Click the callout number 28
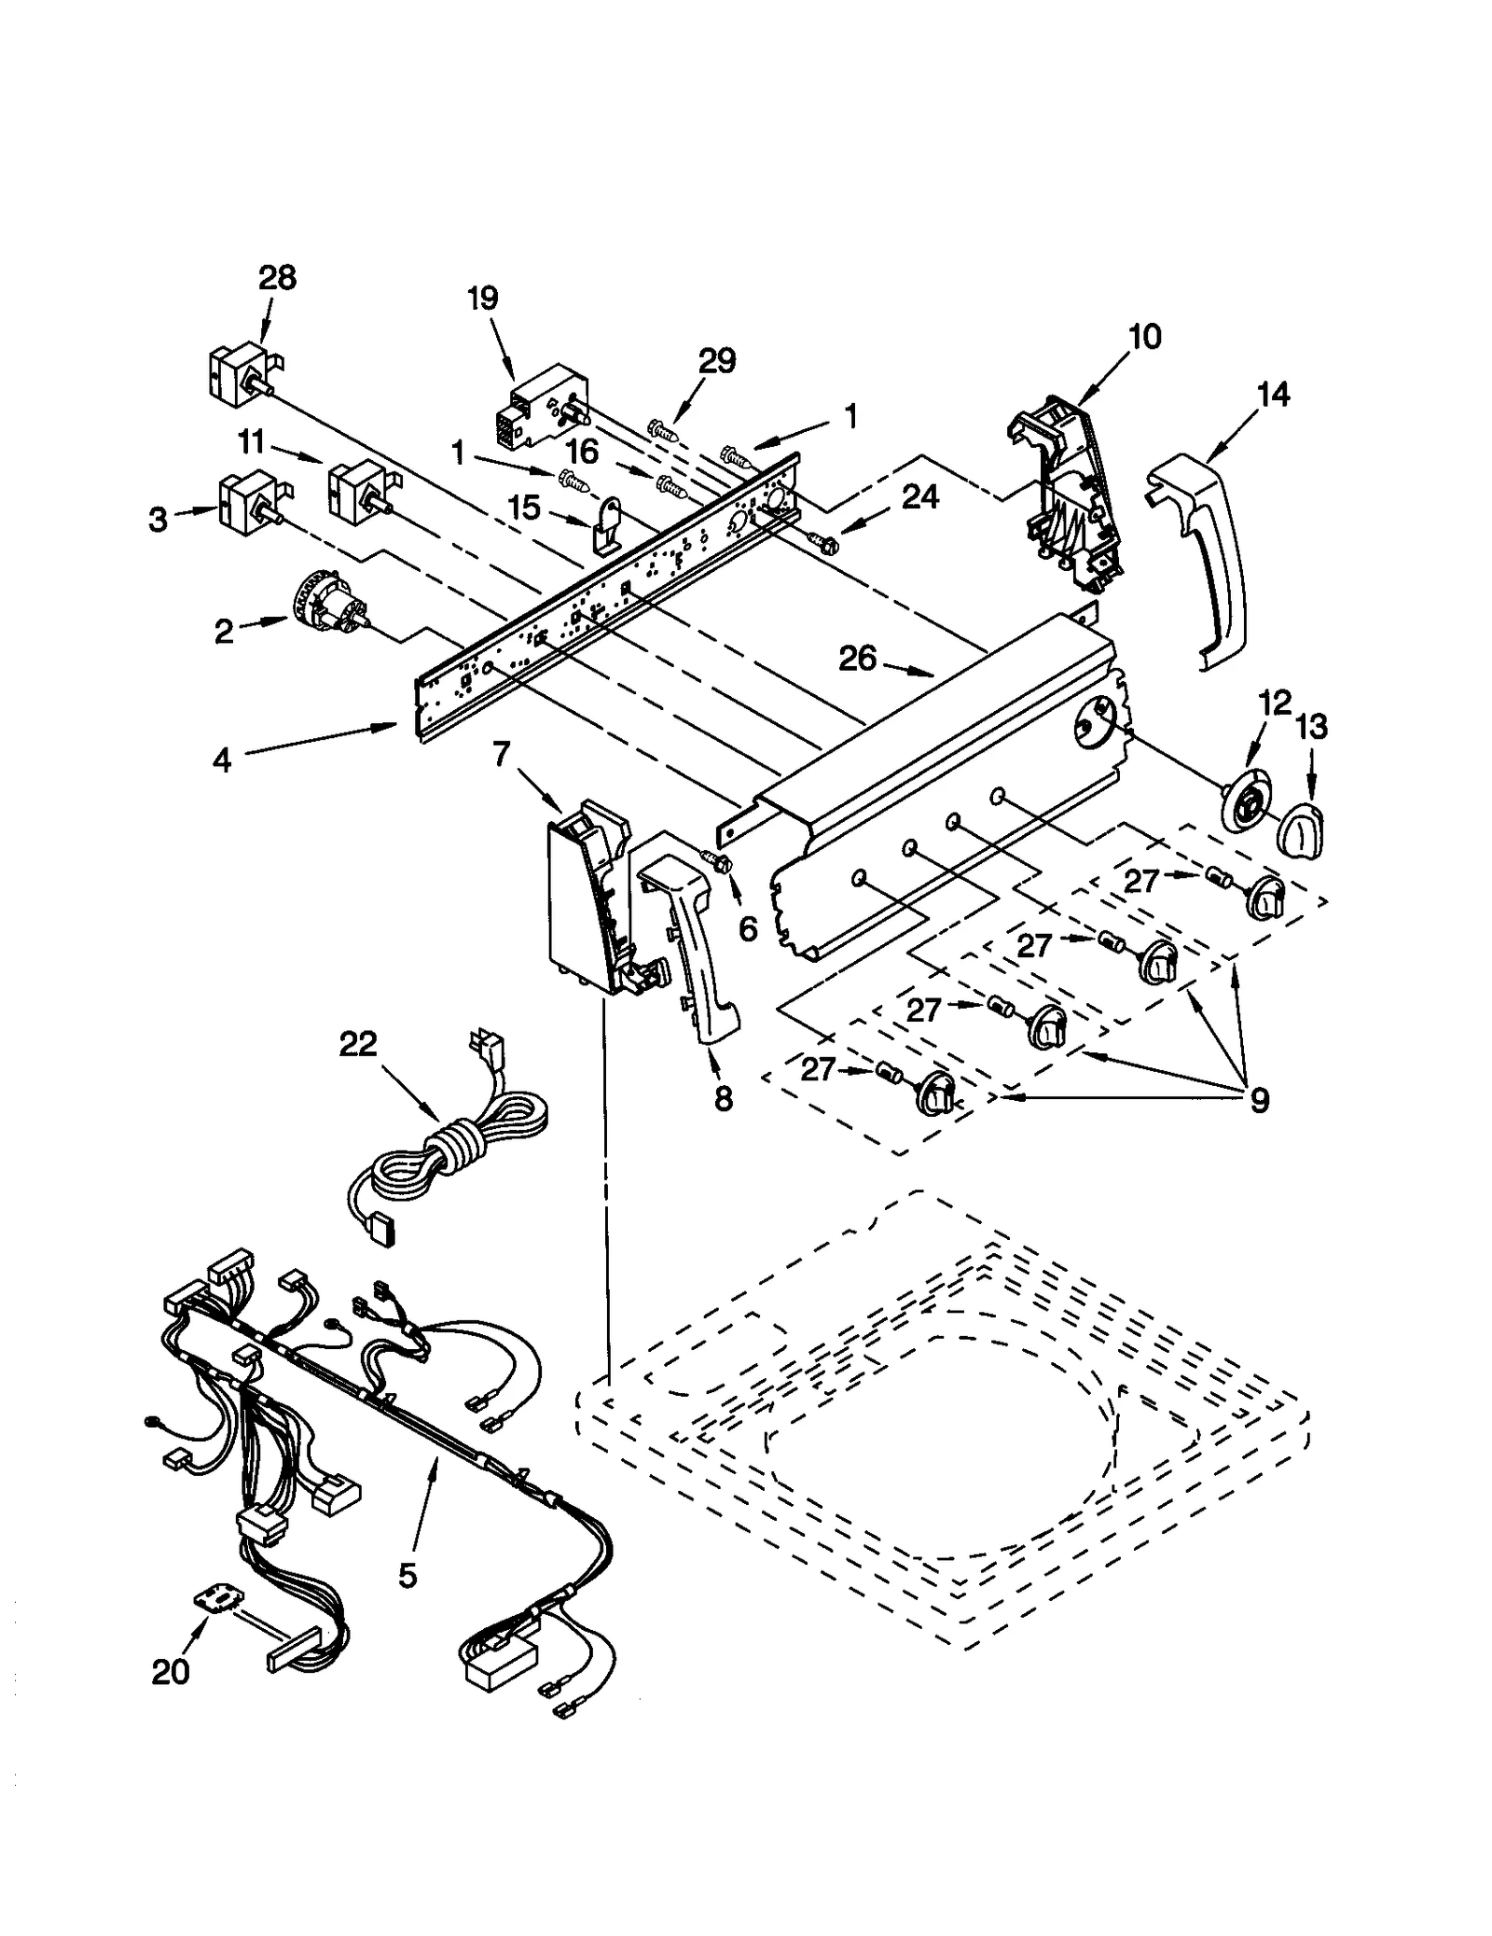click(x=277, y=278)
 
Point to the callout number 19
click(x=482, y=299)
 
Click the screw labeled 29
click(x=662, y=430)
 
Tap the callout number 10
click(x=1144, y=336)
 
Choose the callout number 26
click(x=858, y=659)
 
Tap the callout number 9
click(x=1258, y=1101)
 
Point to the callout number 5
click(x=408, y=1576)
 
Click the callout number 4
click(x=221, y=760)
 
